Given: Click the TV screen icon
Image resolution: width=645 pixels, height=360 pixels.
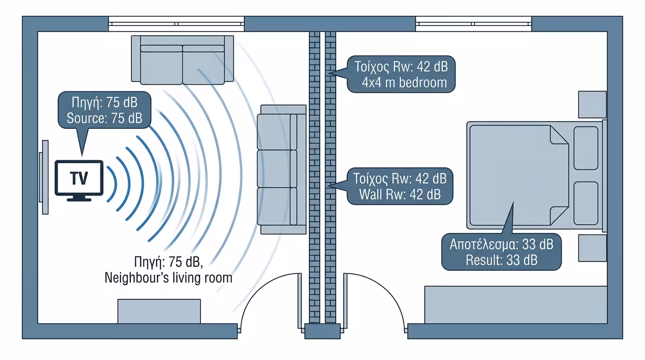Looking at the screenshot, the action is (79, 180).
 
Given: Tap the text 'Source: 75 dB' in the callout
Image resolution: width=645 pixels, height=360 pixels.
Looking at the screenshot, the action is (105, 119).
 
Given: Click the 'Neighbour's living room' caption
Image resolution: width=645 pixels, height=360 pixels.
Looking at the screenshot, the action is (168, 278).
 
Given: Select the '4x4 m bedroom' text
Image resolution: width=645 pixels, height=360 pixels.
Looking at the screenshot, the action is (404, 82).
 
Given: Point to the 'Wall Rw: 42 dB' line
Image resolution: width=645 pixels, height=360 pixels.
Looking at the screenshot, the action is (400, 195).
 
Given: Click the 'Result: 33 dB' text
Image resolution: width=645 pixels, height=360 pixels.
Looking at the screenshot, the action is (502, 260).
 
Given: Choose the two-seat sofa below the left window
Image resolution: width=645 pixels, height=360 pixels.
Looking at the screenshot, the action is (182, 60).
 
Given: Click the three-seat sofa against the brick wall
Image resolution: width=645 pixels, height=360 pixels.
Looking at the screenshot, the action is (282, 169).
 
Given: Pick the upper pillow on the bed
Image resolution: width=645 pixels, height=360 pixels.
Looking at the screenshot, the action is (585, 148).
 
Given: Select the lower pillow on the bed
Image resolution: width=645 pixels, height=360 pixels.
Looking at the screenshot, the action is (585, 203).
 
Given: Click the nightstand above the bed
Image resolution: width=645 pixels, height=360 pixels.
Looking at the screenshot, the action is (592, 104).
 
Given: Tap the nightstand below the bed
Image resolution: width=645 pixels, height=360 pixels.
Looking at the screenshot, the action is (592, 248).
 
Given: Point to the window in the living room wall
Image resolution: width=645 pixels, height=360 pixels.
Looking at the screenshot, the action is (176, 23).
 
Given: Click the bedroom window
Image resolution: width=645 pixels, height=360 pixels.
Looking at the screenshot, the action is (473, 23).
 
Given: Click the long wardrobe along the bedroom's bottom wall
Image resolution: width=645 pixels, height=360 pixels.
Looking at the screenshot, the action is (516, 305).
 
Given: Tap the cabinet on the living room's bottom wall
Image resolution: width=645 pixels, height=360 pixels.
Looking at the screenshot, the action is (159, 311).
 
